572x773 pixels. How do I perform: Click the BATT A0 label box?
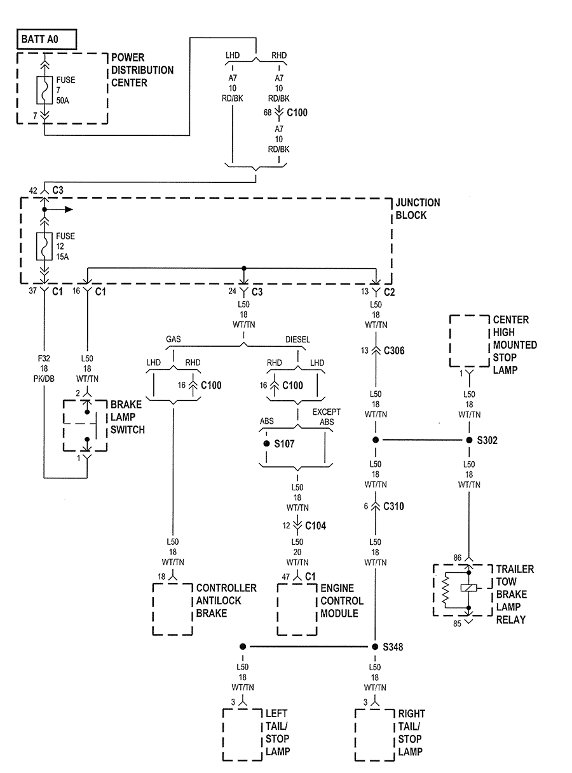(x=46, y=39)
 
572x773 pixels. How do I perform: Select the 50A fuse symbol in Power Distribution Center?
(x=44, y=90)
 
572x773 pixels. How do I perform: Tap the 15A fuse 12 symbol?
(x=44, y=246)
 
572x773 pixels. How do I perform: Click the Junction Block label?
(x=418, y=209)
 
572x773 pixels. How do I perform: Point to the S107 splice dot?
(x=266, y=443)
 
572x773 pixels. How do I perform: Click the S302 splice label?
(x=489, y=440)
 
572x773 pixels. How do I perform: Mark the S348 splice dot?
(x=375, y=647)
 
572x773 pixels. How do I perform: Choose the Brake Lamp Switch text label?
(x=128, y=417)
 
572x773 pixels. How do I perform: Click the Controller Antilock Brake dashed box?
(x=172, y=608)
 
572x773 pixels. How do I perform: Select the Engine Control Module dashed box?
(x=297, y=608)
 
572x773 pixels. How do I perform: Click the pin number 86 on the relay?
(x=458, y=557)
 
